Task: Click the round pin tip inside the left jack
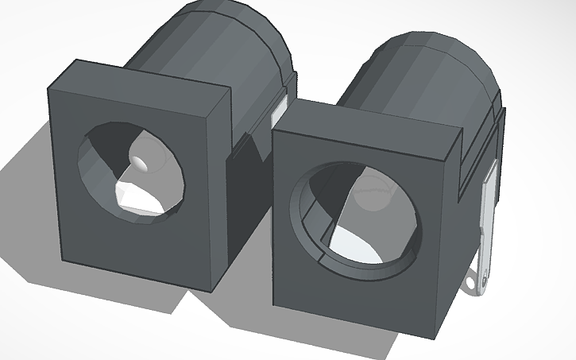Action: [x=141, y=162]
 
